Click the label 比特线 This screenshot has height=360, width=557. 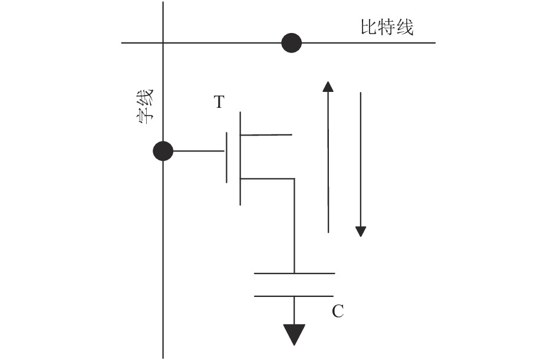387,27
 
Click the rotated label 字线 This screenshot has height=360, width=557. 145,106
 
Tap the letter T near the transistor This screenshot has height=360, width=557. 219,102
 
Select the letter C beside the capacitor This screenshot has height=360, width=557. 338,311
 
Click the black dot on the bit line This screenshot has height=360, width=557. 292,43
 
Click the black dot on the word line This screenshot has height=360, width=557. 163,151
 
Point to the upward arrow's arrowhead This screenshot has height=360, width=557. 328,87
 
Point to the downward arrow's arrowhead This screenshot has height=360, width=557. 361,232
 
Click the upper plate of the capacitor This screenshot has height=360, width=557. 295,273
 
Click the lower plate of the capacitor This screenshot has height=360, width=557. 294,296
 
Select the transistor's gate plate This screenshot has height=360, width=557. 227,158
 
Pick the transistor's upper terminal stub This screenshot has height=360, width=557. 266,135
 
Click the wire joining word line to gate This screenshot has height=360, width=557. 199,151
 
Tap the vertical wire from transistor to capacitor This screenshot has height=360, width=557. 294,226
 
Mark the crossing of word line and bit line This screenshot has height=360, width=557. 163,43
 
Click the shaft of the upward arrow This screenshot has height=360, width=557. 328,162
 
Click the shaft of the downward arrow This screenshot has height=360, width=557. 361,160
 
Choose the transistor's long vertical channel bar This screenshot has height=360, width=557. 240,158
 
